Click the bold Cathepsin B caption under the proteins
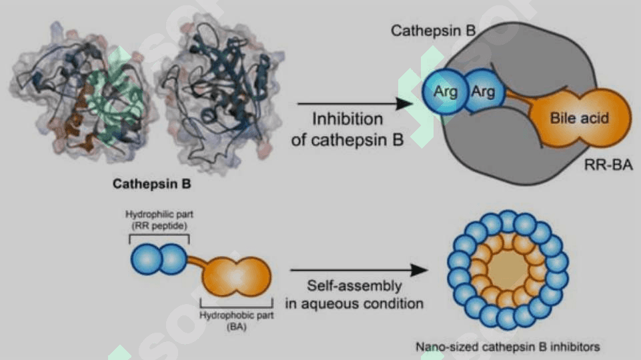tap(151, 184)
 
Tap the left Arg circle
tap(444, 91)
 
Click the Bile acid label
tap(579, 118)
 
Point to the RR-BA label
tap(608, 165)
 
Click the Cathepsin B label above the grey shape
tap(433, 31)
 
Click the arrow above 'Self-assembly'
tap(358, 270)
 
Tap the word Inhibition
tap(348, 119)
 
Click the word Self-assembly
tap(354, 285)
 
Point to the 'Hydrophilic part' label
tap(159, 214)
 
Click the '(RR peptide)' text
tap(159, 225)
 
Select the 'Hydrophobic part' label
tap(236, 315)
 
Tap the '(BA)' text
tap(236, 327)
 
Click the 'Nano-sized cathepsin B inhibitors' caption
tap(508, 347)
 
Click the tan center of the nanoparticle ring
tap(508, 270)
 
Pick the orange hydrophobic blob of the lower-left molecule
tap(236, 276)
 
